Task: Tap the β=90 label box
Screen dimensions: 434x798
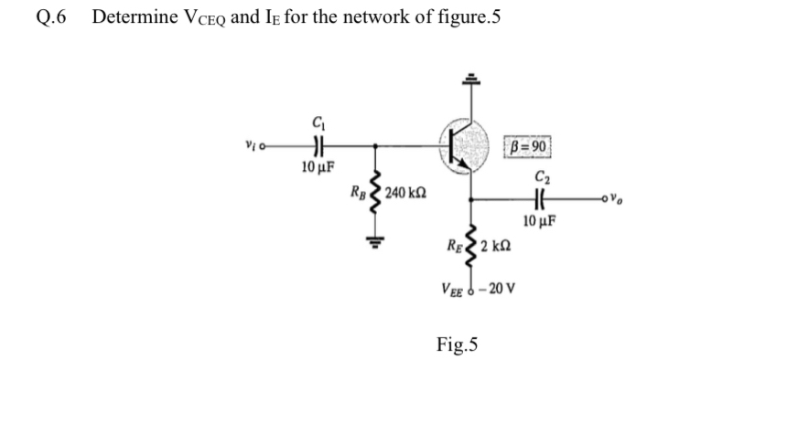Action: (528, 148)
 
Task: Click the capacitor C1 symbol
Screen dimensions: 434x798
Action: (318, 144)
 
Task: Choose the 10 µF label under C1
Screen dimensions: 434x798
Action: (318, 167)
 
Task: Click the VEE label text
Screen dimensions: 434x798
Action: (454, 290)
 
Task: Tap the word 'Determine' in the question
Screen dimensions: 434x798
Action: (135, 18)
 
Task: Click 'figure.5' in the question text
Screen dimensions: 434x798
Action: (467, 18)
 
